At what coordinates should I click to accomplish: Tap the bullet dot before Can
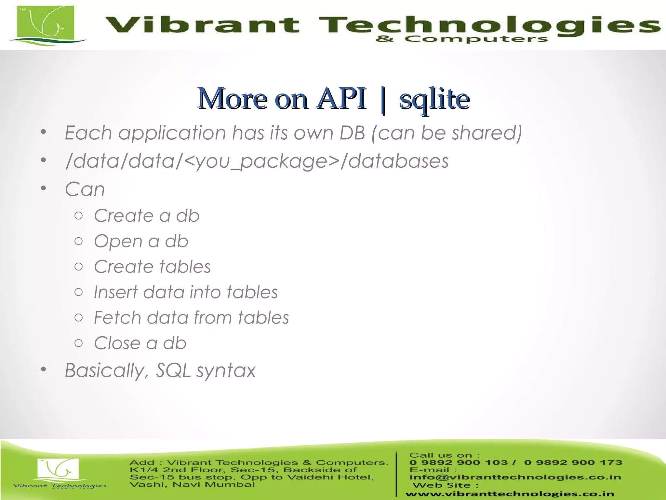coord(44,188)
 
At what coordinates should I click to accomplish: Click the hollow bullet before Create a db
coord(78,215)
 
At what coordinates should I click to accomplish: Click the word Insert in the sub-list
coord(115,292)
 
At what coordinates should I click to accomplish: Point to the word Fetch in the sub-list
coord(117,317)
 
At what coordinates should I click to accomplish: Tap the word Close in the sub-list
coord(117,343)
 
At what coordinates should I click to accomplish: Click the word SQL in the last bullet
coord(173,370)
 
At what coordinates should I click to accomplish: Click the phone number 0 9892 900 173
coord(573,463)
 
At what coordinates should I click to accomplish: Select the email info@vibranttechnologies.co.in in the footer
coord(515,477)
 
